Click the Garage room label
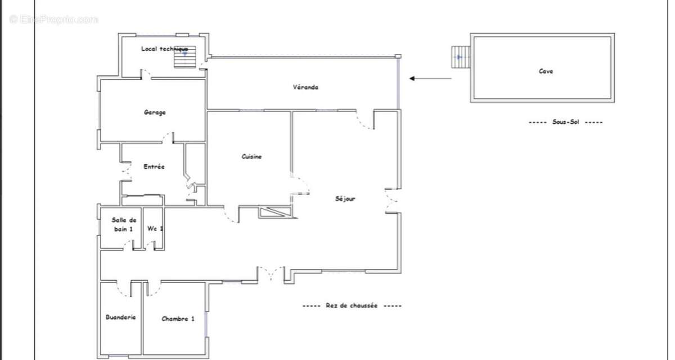pyautogui.click(x=155, y=112)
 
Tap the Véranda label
pyautogui.click(x=305, y=87)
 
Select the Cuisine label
pyautogui.click(x=251, y=156)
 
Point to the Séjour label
pyautogui.click(x=345, y=199)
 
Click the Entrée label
pyautogui.click(x=154, y=166)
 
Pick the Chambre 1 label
pyautogui.click(x=178, y=319)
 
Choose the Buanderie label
pyautogui.click(x=120, y=317)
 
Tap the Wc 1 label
pyautogui.click(x=155, y=228)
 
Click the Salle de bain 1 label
pyautogui.click(x=124, y=224)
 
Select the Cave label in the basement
pyautogui.click(x=546, y=71)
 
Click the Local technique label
pyautogui.click(x=164, y=48)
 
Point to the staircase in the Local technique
pyautogui.click(x=185, y=57)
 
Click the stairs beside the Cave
pyautogui.click(x=461, y=57)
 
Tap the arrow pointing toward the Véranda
pyautogui.click(x=430, y=79)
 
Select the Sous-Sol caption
pyautogui.click(x=566, y=122)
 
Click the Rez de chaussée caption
pyautogui.click(x=352, y=305)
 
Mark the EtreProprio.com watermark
pyautogui.click(x=53, y=20)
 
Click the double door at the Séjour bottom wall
pyautogui.click(x=271, y=273)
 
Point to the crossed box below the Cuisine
pyautogui.click(x=275, y=212)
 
